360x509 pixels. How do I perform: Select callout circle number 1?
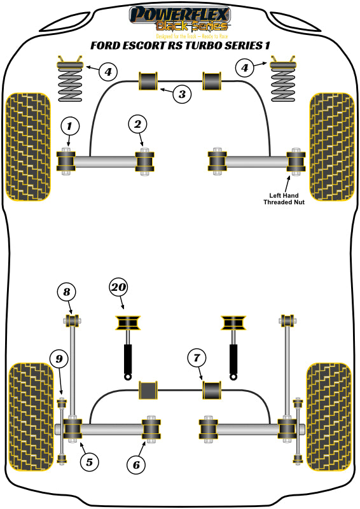point(70,126)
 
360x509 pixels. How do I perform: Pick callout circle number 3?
point(181,95)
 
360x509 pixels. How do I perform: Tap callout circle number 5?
point(89,462)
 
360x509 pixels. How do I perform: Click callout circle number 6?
point(135,465)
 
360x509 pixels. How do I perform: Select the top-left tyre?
point(27,146)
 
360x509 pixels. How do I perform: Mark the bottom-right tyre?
point(329,416)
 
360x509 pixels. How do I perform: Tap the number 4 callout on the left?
point(108,71)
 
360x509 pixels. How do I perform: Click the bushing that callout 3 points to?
point(149,81)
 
